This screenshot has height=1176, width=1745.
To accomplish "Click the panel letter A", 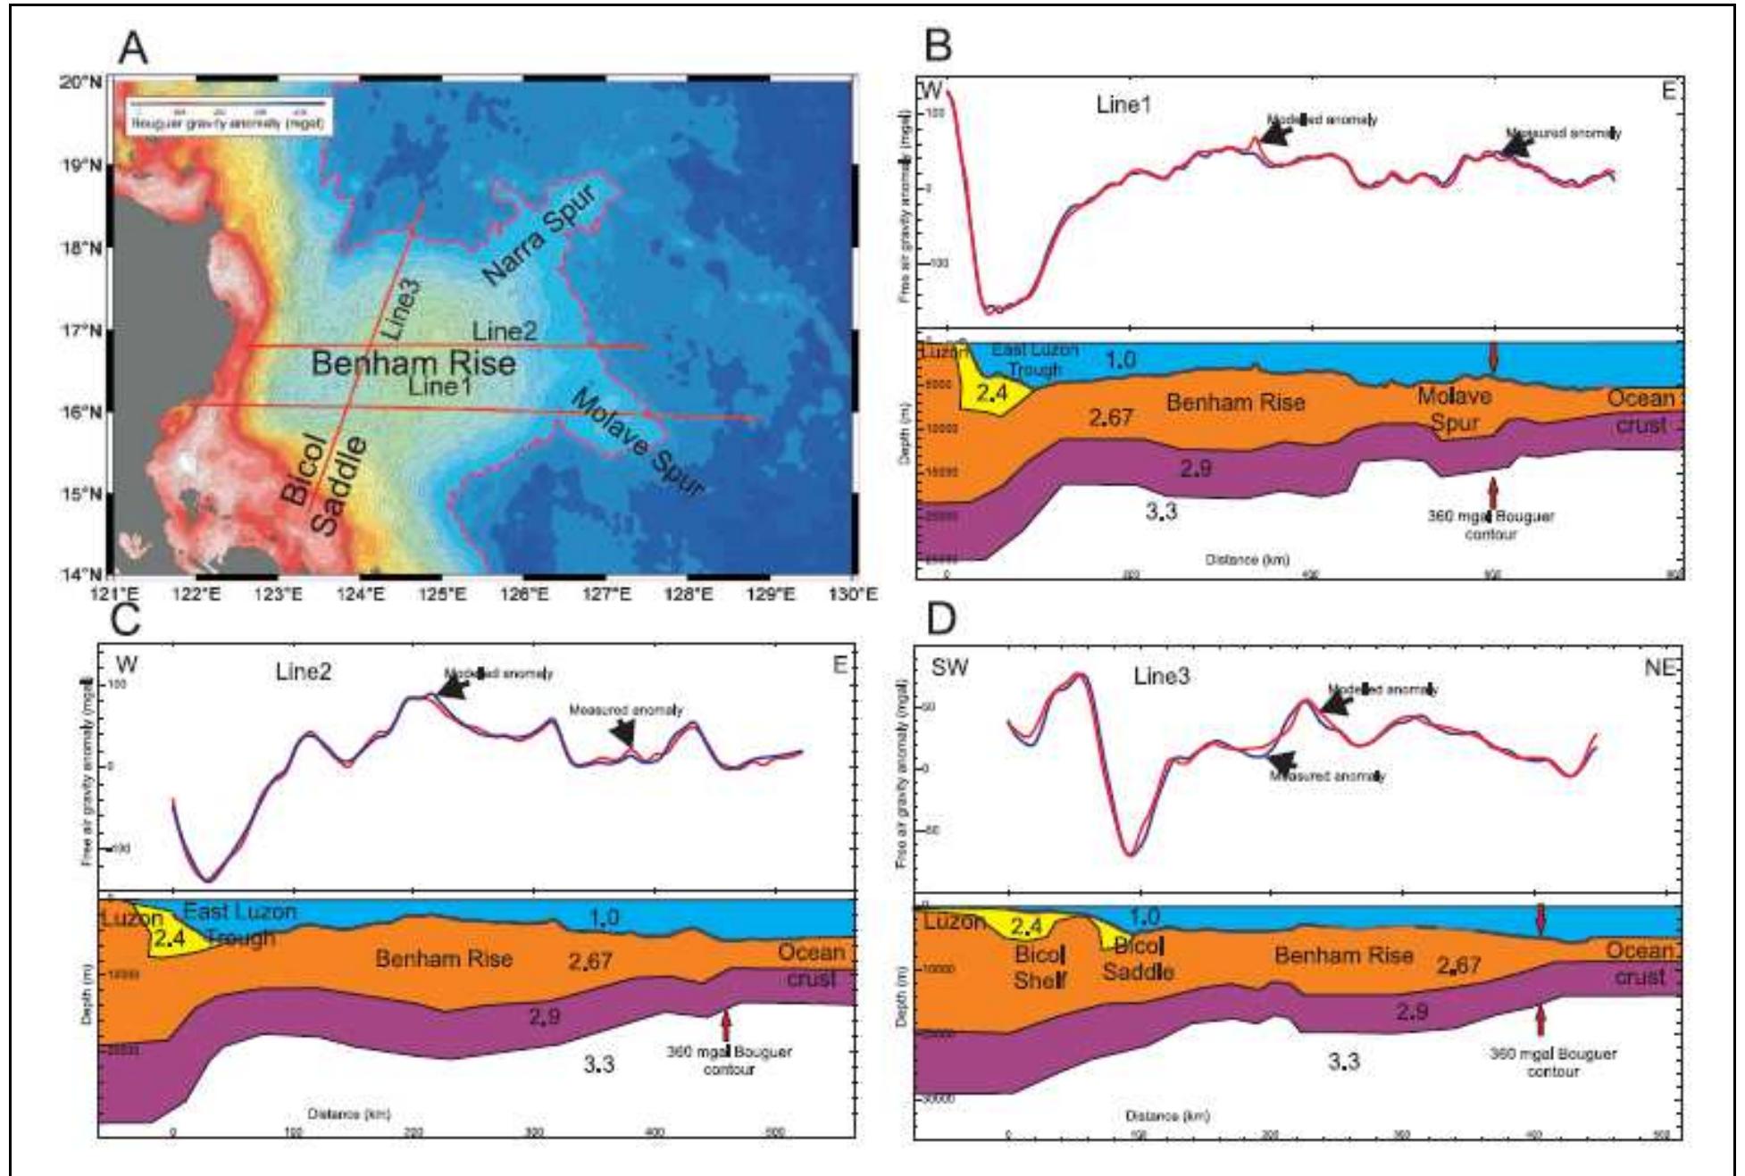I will click(x=133, y=47).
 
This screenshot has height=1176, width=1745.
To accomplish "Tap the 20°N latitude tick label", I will click(x=79, y=82).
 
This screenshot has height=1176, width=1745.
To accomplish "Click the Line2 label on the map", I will click(x=505, y=331).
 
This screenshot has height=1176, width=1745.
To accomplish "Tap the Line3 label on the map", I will click(x=401, y=308).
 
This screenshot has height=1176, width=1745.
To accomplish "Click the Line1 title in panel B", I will click(x=1123, y=104).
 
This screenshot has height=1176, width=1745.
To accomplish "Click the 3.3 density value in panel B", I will click(x=1161, y=511).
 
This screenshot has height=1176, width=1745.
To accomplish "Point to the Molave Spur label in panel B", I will click(x=1454, y=410).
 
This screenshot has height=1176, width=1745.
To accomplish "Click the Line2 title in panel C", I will click(x=303, y=671).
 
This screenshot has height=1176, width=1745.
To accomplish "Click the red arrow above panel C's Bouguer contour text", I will click(x=726, y=1023).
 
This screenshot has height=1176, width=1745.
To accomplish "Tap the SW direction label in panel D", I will click(x=948, y=668).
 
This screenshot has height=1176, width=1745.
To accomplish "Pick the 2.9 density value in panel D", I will click(x=1411, y=1012).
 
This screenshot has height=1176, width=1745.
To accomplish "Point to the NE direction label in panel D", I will click(x=1660, y=668).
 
